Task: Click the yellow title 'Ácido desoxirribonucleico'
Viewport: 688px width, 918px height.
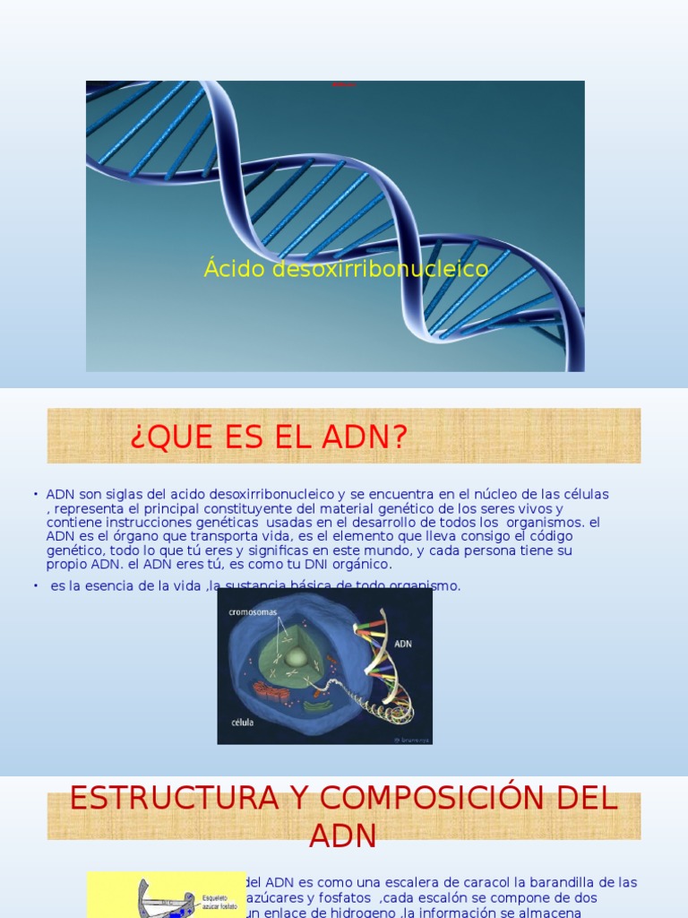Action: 346,268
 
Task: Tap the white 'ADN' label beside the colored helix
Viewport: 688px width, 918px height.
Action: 403,643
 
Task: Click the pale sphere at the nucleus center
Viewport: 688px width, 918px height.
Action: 295,657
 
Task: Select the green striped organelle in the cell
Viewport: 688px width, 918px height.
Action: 315,705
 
